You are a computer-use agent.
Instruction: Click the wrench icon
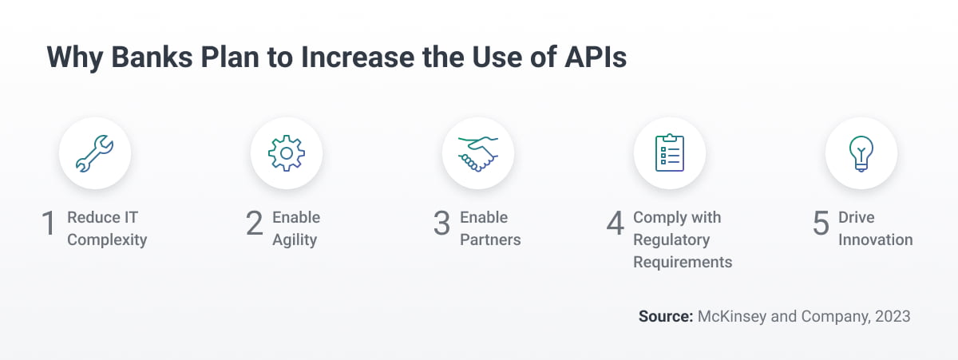click(95, 154)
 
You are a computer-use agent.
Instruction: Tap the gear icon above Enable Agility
click(287, 154)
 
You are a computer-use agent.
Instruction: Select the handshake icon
click(478, 154)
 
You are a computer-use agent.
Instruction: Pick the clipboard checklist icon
click(670, 154)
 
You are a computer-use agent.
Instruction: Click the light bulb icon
click(861, 154)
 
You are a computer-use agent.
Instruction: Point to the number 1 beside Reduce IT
click(48, 224)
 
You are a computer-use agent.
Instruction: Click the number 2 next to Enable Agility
click(254, 224)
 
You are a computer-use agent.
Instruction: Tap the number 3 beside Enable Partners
click(441, 224)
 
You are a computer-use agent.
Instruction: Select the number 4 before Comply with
click(615, 224)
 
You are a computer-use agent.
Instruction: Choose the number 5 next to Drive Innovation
click(821, 224)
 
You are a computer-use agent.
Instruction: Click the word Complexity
click(107, 239)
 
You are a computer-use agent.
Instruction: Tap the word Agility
click(295, 239)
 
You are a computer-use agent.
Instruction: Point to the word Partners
click(490, 239)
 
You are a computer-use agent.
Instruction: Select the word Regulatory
click(671, 239)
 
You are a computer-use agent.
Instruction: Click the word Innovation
click(875, 239)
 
